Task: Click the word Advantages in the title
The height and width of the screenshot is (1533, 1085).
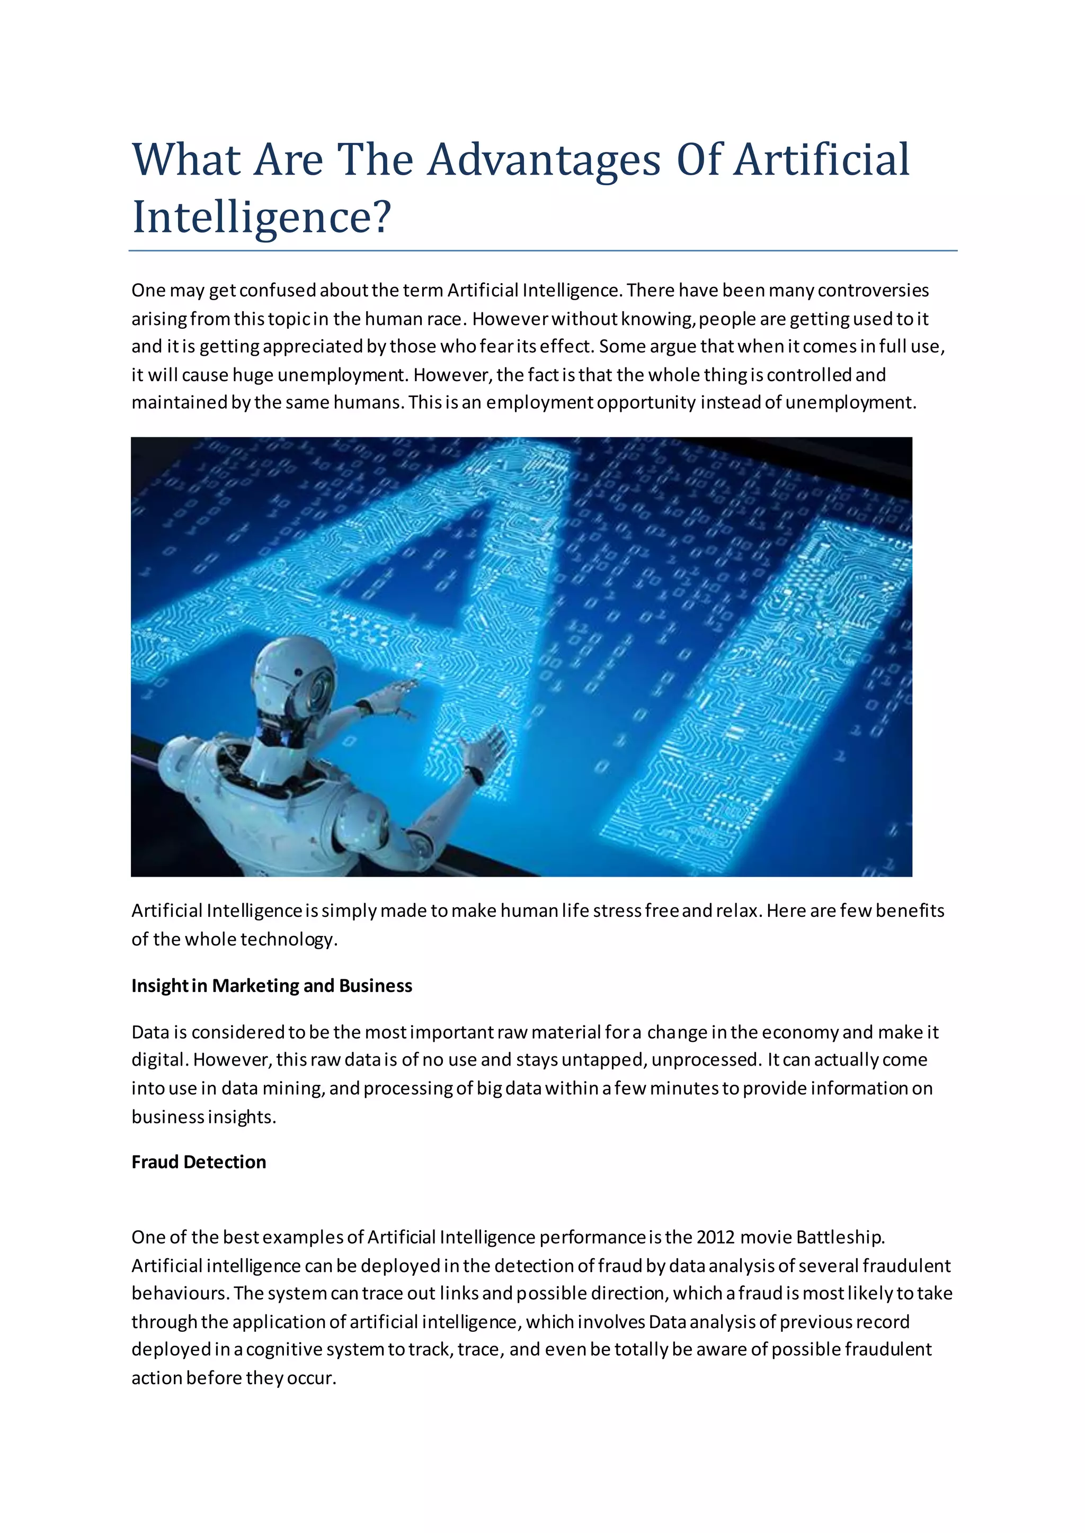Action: pyautogui.click(x=543, y=160)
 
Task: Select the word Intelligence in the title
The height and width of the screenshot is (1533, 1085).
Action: pyautogui.click(x=251, y=218)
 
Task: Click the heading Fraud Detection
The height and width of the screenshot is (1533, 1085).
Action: pyautogui.click(x=199, y=1162)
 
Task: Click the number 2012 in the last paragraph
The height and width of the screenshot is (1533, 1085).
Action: pyautogui.click(x=715, y=1237)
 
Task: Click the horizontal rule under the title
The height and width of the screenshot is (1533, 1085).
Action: pyautogui.click(x=542, y=251)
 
